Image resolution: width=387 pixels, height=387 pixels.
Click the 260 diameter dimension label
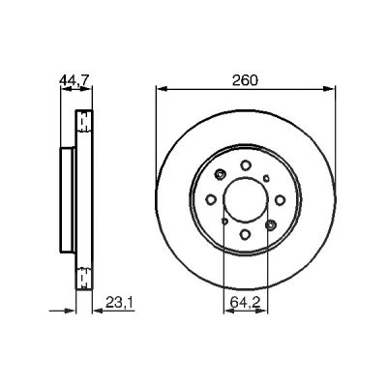[x=246, y=80]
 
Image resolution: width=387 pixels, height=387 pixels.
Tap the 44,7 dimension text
[x=74, y=80]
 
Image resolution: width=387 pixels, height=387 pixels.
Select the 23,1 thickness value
[x=119, y=303]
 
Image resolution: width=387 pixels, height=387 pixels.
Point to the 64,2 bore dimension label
[x=246, y=303]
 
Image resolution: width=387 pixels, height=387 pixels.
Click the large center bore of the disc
[x=246, y=200]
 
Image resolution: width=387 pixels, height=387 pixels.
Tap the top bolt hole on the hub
[x=246, y=165]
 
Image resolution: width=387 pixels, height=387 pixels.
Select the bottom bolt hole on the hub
[x=246, y=234]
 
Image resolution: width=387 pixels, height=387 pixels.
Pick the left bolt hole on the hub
[x=211, y=200]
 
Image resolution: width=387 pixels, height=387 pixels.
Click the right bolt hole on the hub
[x=280, y=200]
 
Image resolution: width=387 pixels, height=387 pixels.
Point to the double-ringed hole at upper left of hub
[x=221, y=174]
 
